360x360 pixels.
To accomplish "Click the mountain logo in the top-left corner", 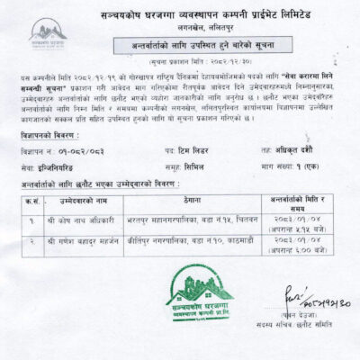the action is (47, 34).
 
